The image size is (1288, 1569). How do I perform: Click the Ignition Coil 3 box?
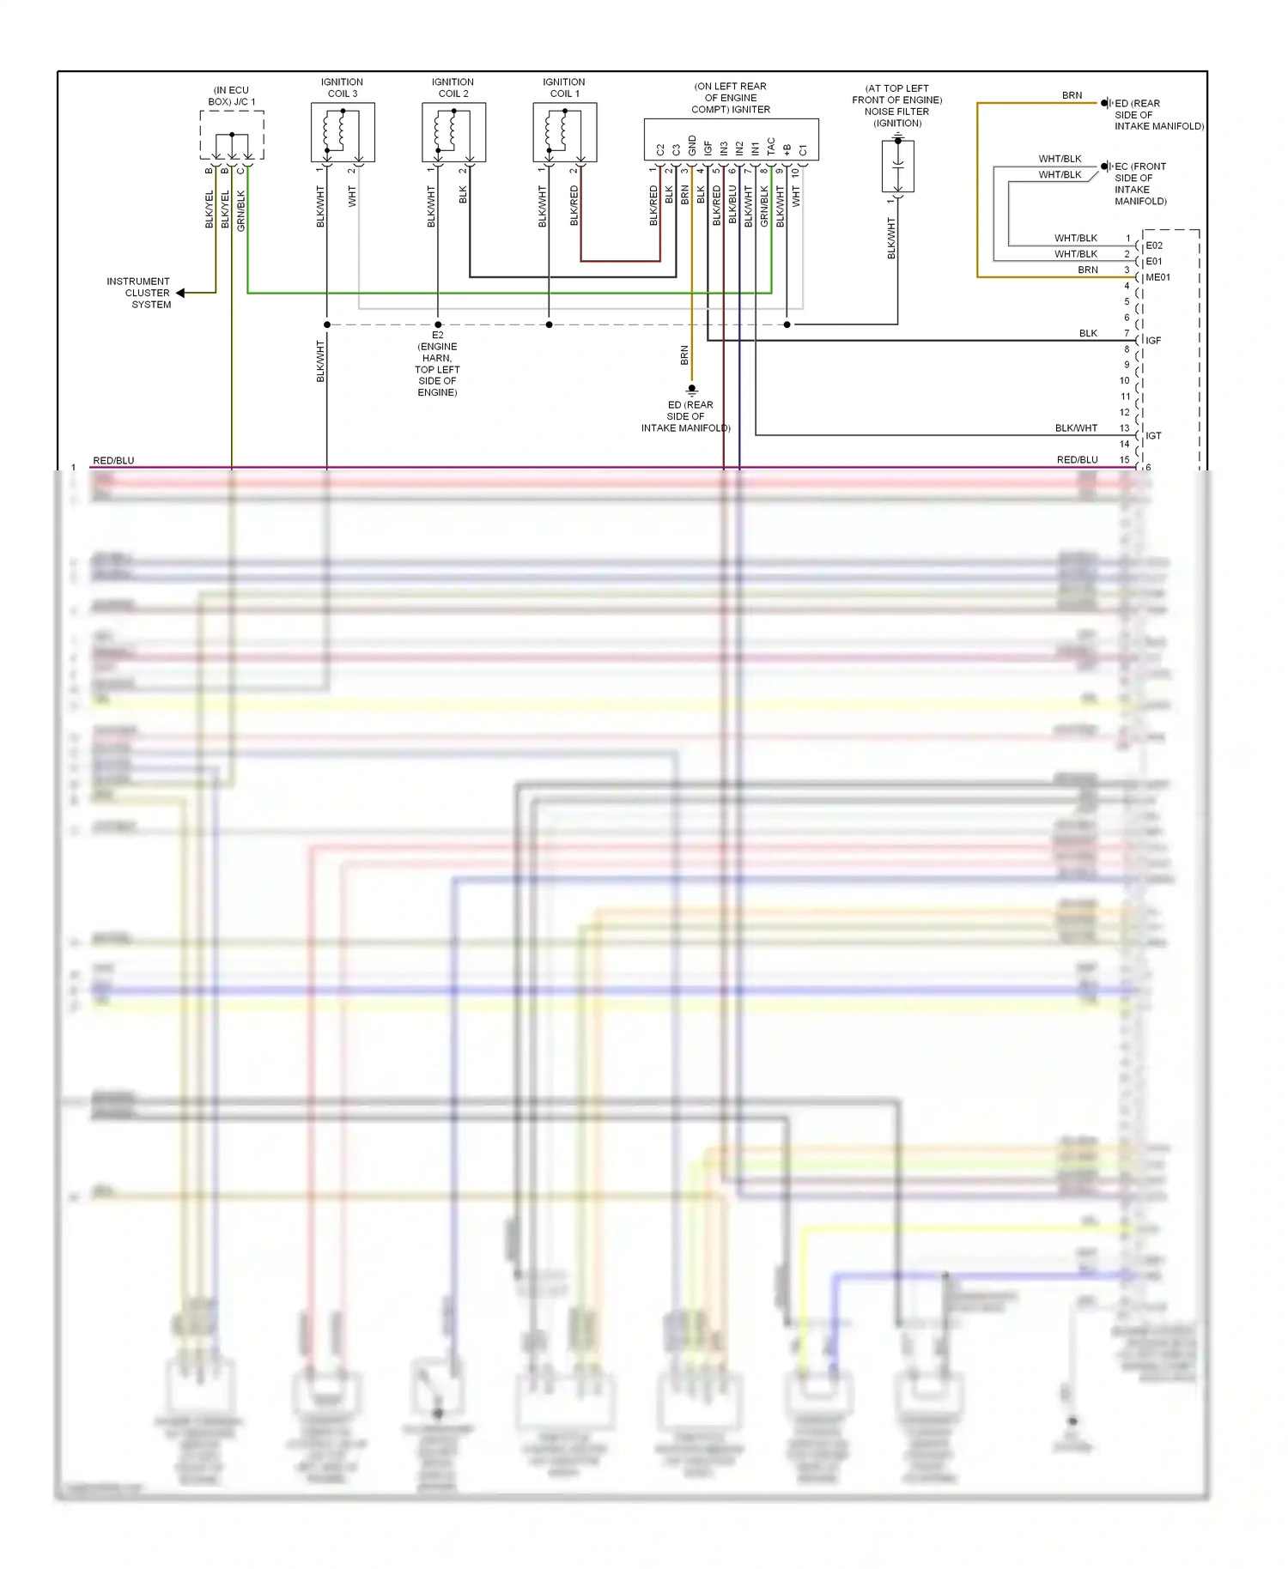point(343,132)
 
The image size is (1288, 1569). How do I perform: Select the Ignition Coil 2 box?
point(453,132)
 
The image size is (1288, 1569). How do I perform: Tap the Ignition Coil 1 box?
point(564,132)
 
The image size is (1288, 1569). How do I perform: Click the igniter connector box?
point(731,139)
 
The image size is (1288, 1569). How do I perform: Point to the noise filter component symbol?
point(897,166)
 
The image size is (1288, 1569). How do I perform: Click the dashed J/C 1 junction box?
point(232,135)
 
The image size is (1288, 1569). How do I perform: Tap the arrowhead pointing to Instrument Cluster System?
point(181,294)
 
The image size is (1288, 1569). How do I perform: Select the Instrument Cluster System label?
point(139,293)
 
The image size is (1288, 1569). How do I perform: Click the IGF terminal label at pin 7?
point(1153,341)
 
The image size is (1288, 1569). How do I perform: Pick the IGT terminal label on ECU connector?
point(1153,436)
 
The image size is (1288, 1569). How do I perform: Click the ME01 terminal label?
point(1157,277)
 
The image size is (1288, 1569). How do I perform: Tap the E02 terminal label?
point(1154,245)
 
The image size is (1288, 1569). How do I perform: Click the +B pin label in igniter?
point(787,149)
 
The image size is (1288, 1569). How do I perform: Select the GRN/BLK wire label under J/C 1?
point(241,210)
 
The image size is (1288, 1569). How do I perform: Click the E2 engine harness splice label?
point(437,363)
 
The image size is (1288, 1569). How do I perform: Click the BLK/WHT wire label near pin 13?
point(1076,428)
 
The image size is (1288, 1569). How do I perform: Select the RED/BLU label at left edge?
point(113,461)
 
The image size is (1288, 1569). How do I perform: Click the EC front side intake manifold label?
point(1139,184)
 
